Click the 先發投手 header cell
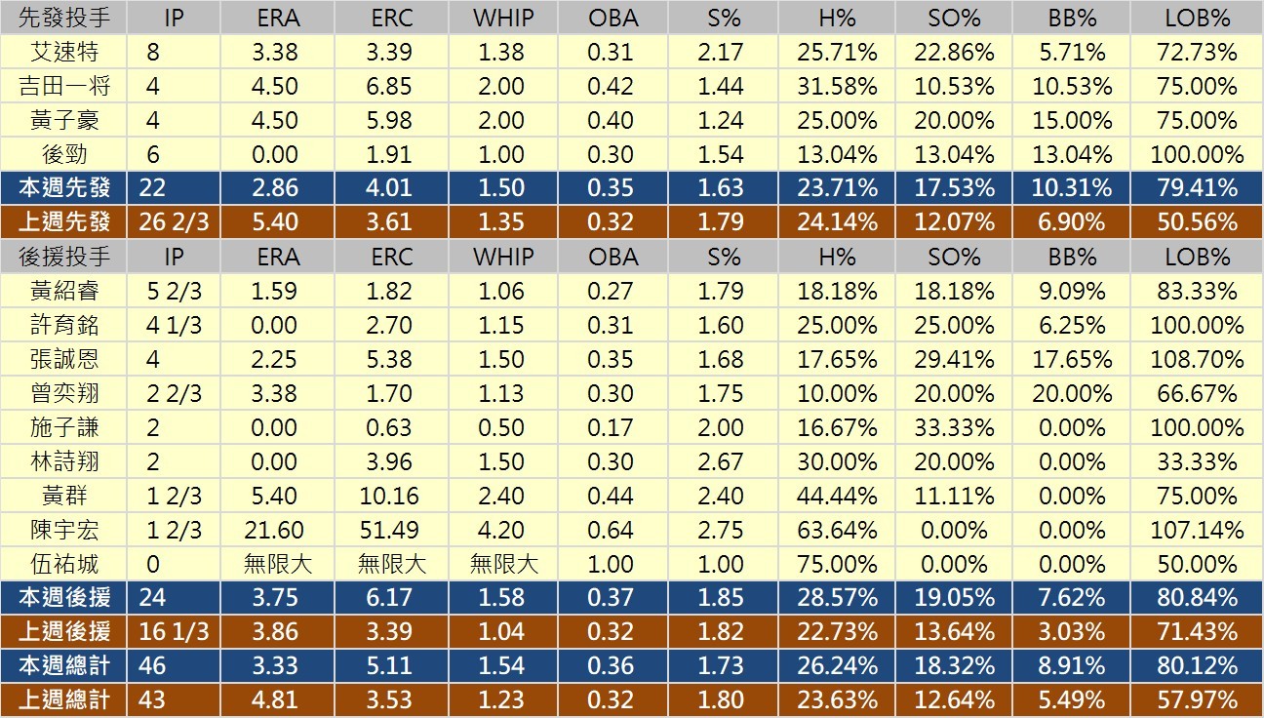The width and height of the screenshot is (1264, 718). click(64, 18)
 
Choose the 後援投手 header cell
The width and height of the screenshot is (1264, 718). click(64, 257)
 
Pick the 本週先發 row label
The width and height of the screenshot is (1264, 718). click(64, 188)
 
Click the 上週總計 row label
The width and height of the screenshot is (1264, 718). click(64, 700)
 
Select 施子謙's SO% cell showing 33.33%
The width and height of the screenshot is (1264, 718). click(955, 427)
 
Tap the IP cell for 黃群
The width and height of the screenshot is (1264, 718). click(175, 496)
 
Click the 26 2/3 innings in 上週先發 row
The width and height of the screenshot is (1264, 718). click(175, 222)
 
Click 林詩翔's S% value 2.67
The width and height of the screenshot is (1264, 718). click(722, 461)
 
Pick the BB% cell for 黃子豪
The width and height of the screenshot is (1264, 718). click(1072, 120)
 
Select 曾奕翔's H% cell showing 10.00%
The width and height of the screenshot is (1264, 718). click(838, 393)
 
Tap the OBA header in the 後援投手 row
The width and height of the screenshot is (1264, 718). click(612, 257)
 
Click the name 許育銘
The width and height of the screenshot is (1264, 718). click(64, 325)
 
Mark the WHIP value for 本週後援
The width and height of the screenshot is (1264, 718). click(501, 598)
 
